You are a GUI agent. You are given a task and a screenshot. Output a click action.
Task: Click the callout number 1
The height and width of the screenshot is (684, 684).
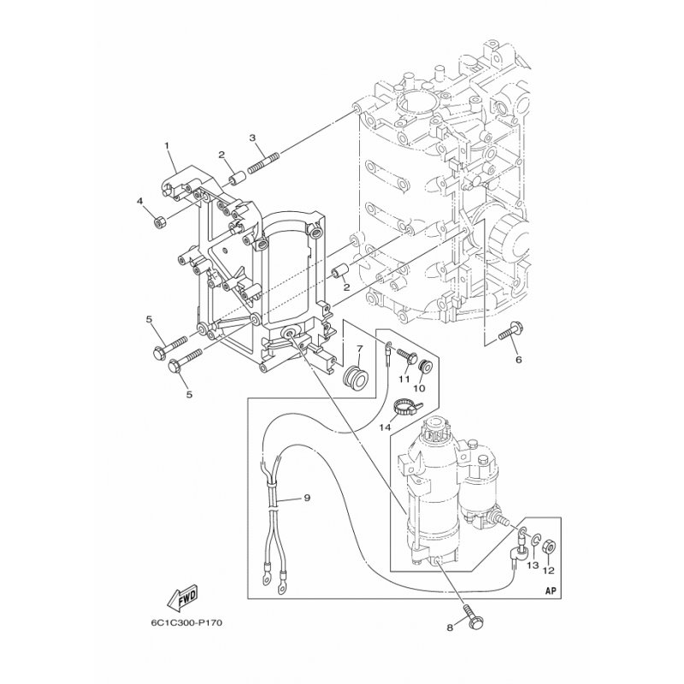(x=166, y=145)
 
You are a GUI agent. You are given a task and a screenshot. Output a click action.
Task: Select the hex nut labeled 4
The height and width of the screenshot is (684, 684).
(x=159, y=221)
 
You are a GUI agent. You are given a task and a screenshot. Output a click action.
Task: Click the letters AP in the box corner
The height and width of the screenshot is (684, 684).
(x=551, y=592)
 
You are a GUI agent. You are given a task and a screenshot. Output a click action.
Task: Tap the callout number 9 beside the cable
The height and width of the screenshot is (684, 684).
(x=307, y=498)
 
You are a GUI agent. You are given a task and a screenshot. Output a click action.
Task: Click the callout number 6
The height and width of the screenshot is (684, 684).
(x=519, y=360)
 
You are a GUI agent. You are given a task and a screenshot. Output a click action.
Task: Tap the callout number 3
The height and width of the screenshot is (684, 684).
(x=252, y=138)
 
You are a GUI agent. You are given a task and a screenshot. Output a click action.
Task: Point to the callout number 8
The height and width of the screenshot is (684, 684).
(x=450, y=628)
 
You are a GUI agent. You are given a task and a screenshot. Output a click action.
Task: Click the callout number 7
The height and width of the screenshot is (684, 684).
(x=359, y=349)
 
